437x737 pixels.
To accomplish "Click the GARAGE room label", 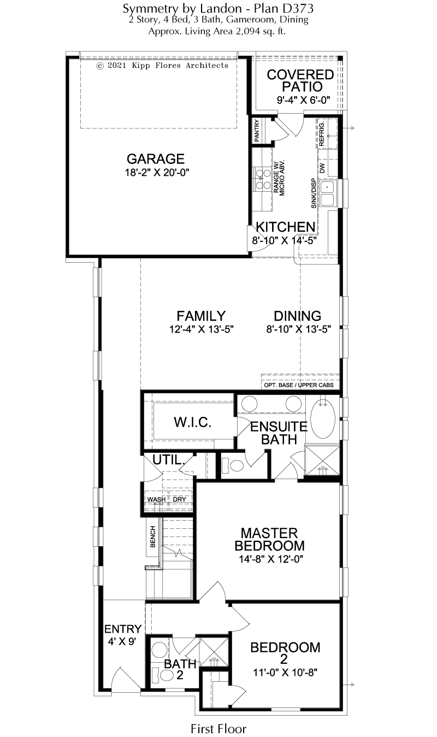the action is (x=156, y=159).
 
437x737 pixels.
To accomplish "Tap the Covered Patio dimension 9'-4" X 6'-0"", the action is (x=303, y=100).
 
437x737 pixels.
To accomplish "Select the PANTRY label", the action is (x=257, y=129).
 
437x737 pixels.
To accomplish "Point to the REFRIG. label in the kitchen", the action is (x=322, y=134).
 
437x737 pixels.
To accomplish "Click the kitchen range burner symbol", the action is (x=262, y=179).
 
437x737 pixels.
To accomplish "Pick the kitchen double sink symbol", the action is (x=328, y=193).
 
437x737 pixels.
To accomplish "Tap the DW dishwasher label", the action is (x=322, y=168).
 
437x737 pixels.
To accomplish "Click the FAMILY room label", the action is (x=201, y=316).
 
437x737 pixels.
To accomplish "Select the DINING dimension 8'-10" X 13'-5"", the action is (x=298, y=329).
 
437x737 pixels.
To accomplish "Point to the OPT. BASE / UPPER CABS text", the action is (x=298, y=385).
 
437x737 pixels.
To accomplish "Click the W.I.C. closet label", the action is (x=192, y=422).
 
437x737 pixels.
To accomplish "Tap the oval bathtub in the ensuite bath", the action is (x=323, y=419).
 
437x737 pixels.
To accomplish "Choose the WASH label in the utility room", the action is (x=156, y=499).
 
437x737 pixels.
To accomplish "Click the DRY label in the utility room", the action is (x=179, y=499).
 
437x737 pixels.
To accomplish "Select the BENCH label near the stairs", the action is (x=153, y=536).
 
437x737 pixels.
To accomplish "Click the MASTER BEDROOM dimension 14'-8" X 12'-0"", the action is (x=271, y=559).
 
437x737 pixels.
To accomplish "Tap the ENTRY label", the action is (x=123, y=629).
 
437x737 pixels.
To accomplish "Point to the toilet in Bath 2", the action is (x=163, y=675).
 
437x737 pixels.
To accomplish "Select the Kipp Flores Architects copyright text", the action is (x=162, y=66).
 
